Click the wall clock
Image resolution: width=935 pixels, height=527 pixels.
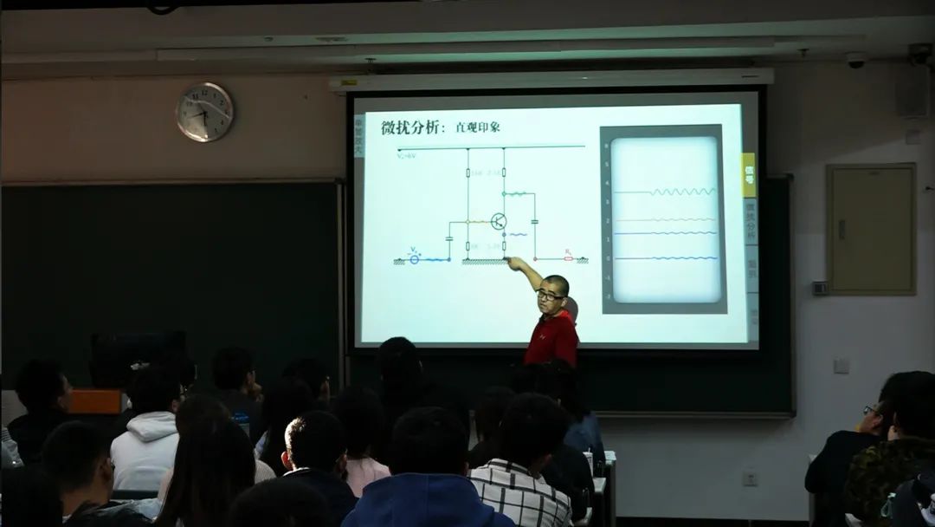coord(204,112)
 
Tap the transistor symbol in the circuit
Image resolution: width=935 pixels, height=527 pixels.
coord(499,221)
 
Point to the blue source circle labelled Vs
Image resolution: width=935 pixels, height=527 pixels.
coord(414,258)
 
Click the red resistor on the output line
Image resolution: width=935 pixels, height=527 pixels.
coord(568,258)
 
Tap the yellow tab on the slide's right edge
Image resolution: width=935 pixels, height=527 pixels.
coord(749,174)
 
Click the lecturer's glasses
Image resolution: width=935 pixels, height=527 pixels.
coord(549,296)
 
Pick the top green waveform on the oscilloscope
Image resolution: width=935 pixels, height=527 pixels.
coord(683,192)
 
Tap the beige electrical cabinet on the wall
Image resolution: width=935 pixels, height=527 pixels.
coord(870,229)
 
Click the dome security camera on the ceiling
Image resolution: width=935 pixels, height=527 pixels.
coord(856,61)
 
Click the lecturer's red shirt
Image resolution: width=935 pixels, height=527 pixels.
coord(552,338)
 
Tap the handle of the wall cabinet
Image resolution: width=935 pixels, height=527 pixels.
coord(841,229)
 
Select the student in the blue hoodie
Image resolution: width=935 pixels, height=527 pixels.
coord(424,503)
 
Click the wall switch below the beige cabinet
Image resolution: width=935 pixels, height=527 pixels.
coord(841,365)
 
